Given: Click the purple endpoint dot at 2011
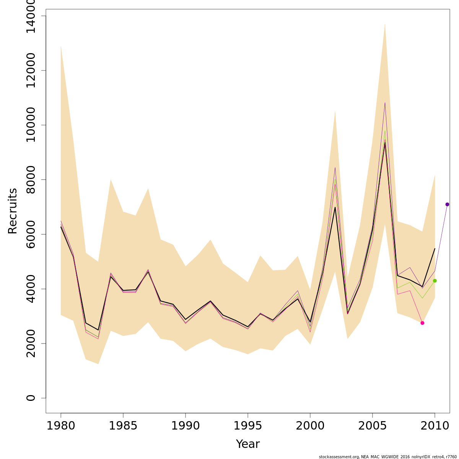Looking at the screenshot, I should [447, 204].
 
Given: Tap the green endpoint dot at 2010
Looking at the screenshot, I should [435, 281].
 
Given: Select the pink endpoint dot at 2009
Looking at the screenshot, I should [422, 323].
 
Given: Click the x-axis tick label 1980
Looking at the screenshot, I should [61, 426].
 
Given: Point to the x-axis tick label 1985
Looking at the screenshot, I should [123, 426].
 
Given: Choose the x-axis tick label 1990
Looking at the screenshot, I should [186, 426].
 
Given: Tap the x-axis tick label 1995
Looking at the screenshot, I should [248, 426].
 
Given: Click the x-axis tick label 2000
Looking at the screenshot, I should [310, 426].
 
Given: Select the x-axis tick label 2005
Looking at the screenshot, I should [373, 426].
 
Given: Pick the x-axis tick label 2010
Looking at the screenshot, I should [435, 426].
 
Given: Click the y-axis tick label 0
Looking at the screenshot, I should [31, 398].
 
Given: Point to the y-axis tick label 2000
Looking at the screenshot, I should [31, 343].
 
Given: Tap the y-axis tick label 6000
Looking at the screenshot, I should [31, 234].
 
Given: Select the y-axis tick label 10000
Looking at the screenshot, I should [31, 125].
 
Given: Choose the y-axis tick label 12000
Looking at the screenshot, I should [31, 70].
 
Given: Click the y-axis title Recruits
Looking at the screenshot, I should [13, 211].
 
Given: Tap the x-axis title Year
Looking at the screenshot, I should [248, 444].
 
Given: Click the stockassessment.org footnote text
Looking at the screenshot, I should [388, 457].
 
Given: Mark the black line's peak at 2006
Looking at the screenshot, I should [385, 143].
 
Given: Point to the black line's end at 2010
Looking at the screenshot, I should [435, 249].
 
